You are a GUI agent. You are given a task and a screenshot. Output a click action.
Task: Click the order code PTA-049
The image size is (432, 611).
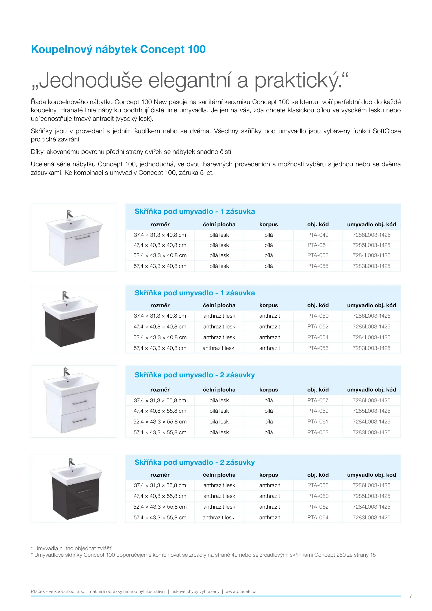pyautogui.click(x=318, y=235)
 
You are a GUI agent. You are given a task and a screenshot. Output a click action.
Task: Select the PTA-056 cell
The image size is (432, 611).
pyautogui.click(x=318, y=348)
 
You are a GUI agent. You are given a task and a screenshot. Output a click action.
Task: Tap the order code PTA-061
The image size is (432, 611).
pyautogui.click(x=318, y=421)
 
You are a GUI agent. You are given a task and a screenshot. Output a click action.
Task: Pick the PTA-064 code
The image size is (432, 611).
pyautogui.click(x=318, y=517)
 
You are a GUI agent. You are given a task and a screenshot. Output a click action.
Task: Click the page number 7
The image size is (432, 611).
pyautogui.click(x=411, y=596)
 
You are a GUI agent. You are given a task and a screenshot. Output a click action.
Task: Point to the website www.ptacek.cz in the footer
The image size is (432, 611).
pyautogui.click(x=241, y=591)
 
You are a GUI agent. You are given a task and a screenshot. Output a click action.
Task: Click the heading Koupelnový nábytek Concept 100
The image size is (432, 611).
pyautogui.click(x=118, y=49)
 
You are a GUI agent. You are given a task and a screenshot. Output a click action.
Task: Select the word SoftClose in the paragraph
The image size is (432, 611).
pyautogui.click(x=387, y=131)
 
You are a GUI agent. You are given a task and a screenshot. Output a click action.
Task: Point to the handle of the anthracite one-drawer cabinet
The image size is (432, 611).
pyautogui.click(x=79, y=319)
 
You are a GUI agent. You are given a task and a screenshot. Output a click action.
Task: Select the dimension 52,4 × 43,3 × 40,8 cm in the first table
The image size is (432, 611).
pyautogui.click(x=160, y=255)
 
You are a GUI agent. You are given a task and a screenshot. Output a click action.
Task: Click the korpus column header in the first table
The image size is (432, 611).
pyautogui.click(x=268, y=224)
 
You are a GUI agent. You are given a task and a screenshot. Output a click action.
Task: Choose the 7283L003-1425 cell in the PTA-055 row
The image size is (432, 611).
pyautogui.click(x=371, y=266)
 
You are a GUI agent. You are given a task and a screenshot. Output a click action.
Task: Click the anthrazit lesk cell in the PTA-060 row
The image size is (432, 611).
pyautogui.click(x=219, y=496)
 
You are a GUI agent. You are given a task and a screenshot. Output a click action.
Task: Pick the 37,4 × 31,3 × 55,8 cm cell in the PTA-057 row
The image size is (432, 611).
pyautogui.click(x=160, y=400)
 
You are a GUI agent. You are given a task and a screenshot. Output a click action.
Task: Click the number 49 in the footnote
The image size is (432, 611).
pyautogui.click(x=234, y=555)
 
